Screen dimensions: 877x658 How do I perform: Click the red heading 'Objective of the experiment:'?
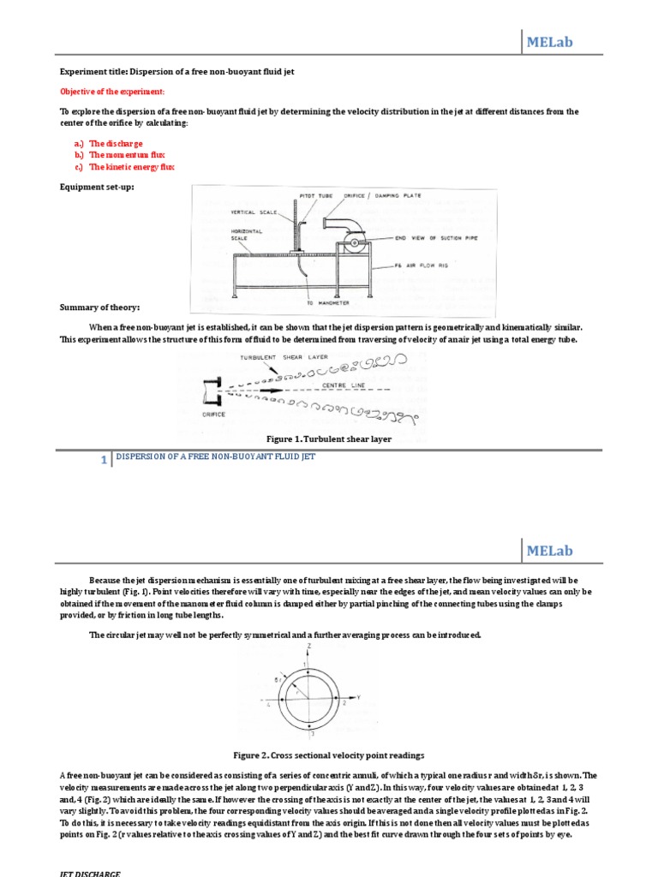coord(111,92)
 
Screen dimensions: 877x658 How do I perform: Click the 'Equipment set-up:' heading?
coord(97,187)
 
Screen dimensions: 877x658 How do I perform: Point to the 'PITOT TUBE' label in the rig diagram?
coord(316,195)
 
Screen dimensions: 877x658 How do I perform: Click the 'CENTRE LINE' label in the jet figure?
coord(344,385)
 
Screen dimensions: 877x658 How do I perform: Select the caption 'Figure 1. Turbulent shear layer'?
coord(329,438)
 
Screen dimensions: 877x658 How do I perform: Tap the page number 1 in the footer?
coord(104,460)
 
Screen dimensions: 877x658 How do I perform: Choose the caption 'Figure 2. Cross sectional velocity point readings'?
coord(329,755)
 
